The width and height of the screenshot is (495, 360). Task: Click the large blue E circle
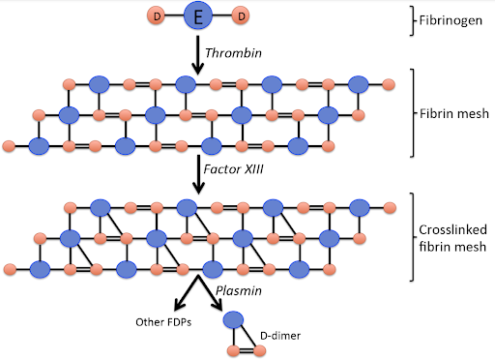tap(198, 15)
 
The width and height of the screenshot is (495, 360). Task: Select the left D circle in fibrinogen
tap(157, 15)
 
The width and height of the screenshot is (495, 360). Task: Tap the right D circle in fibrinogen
tap(241, 15)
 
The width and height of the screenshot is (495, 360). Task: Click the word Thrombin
tap(233, 53)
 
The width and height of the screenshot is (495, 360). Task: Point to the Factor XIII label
tap(234, 169)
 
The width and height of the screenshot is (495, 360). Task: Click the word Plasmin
tap(239, 290)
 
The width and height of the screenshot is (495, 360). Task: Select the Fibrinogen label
tap(451, 20)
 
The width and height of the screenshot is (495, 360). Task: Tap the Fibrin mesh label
tap(453, 113)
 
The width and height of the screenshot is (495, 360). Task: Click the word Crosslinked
tap(452, 229)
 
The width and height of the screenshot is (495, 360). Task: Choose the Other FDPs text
tap(163, 322)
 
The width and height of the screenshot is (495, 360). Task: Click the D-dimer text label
tap(280, 336)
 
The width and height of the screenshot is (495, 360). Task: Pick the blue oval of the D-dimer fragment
tap(233, 320)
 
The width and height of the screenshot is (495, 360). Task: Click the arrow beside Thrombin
tap(198, 55)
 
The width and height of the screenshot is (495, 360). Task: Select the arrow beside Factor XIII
tap(198, 174)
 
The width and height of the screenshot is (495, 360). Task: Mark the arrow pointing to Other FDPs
tap(187, 292)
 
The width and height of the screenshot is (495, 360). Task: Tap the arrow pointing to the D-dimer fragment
tap(210, 292)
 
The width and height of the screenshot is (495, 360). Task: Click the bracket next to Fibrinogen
tap(412, 20)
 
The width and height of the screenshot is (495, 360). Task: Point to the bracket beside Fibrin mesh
tap(412, 113)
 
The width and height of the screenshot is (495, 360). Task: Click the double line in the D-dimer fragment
tap(247, 350)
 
